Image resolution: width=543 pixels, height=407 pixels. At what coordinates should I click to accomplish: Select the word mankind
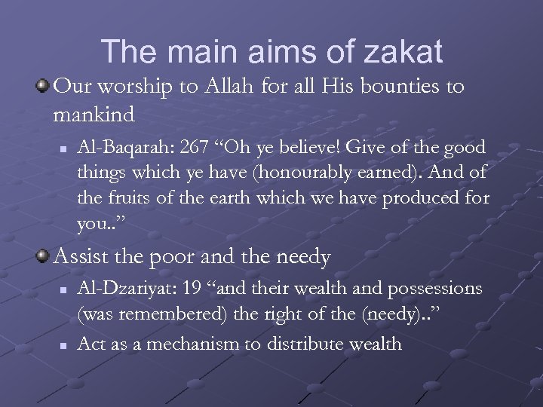pos(95,115)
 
